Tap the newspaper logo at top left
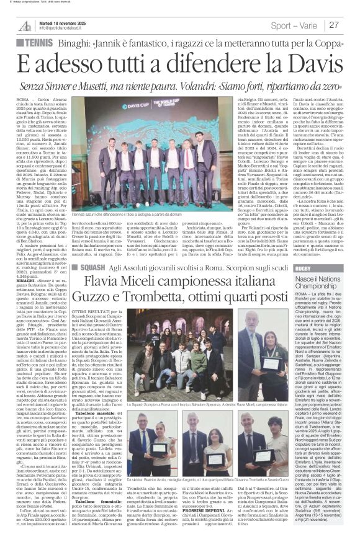click(x=24, y=25)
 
